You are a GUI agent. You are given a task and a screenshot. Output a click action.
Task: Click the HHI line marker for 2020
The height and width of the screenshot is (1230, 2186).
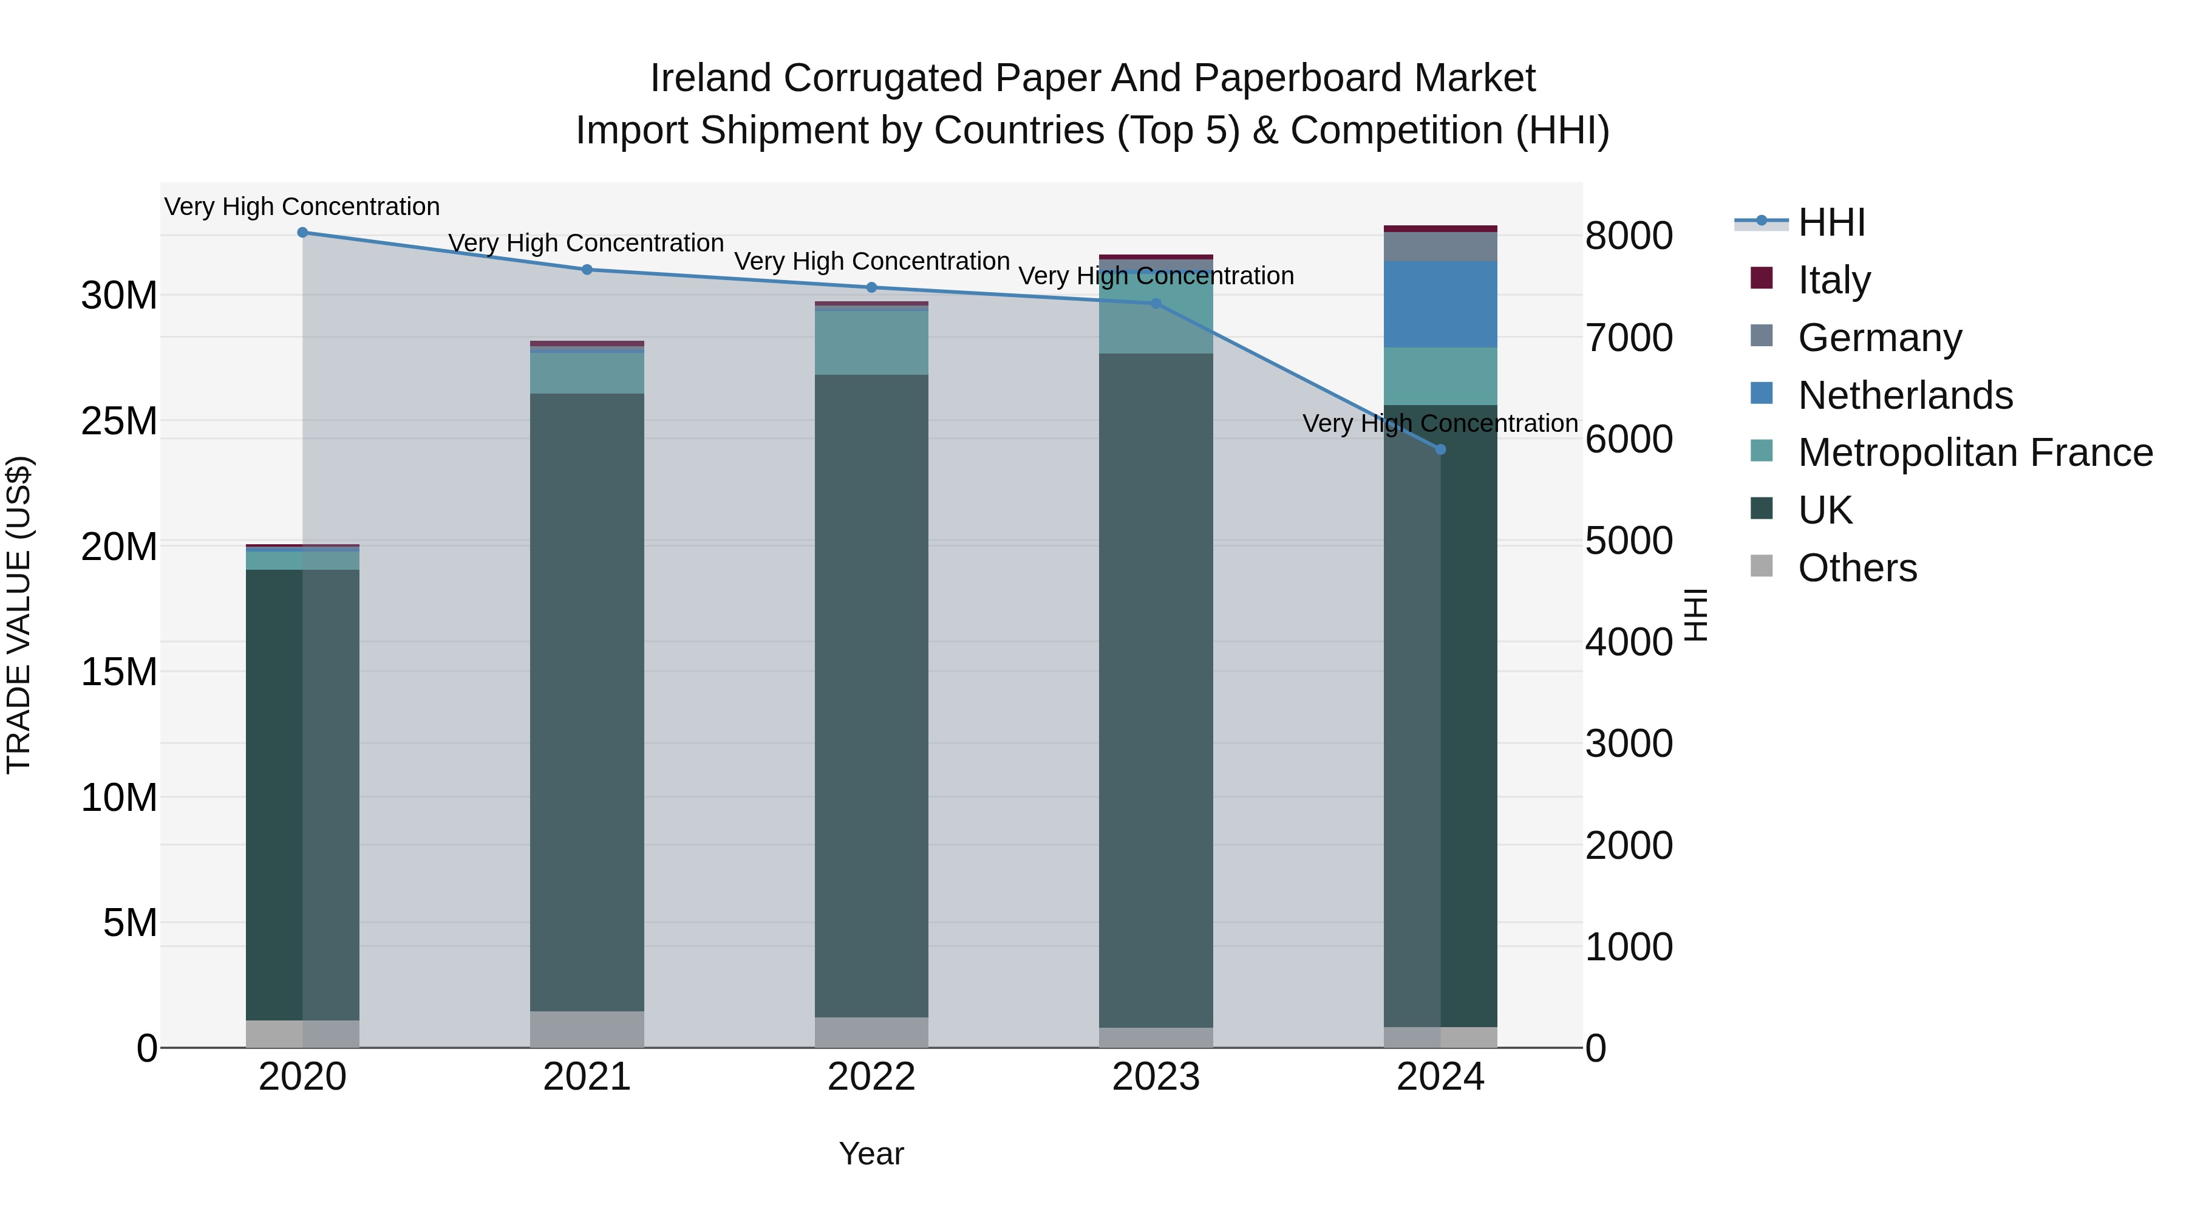(x=302, y=233)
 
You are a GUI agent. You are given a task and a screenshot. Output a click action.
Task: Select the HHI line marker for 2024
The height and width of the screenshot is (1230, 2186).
(x=1440, y=449)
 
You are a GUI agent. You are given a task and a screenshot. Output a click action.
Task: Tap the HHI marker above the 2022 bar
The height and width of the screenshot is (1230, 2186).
(x=871, y=288)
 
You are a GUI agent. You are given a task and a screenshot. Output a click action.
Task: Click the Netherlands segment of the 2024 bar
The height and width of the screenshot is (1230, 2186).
(x=1440, y=304)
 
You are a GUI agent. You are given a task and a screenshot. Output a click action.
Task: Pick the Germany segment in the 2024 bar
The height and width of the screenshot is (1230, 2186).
(x=1440, y=246)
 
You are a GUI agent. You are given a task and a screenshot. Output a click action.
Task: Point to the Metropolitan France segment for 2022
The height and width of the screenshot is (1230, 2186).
(x=871, y=343)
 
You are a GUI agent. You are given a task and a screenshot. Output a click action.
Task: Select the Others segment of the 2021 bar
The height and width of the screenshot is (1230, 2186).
(x=587, y=1029)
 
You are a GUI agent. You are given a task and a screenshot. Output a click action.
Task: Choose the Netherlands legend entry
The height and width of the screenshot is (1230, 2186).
(x=1904, y=395)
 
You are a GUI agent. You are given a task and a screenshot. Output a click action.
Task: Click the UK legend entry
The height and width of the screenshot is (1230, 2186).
(x=1825, y=511)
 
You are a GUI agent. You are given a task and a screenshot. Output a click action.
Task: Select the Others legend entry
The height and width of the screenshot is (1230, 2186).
(x=1857, y=569)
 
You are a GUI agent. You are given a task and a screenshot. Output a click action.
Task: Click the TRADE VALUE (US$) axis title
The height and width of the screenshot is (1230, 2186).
(x=19, y=615)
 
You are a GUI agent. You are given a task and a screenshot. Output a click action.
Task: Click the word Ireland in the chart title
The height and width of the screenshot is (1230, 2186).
(x=710, y=78)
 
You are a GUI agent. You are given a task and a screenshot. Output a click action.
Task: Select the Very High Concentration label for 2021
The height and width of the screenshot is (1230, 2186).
(x=587, y=244)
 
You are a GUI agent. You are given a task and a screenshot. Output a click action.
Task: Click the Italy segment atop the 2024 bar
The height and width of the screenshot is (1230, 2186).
(x=1440, y=228)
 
